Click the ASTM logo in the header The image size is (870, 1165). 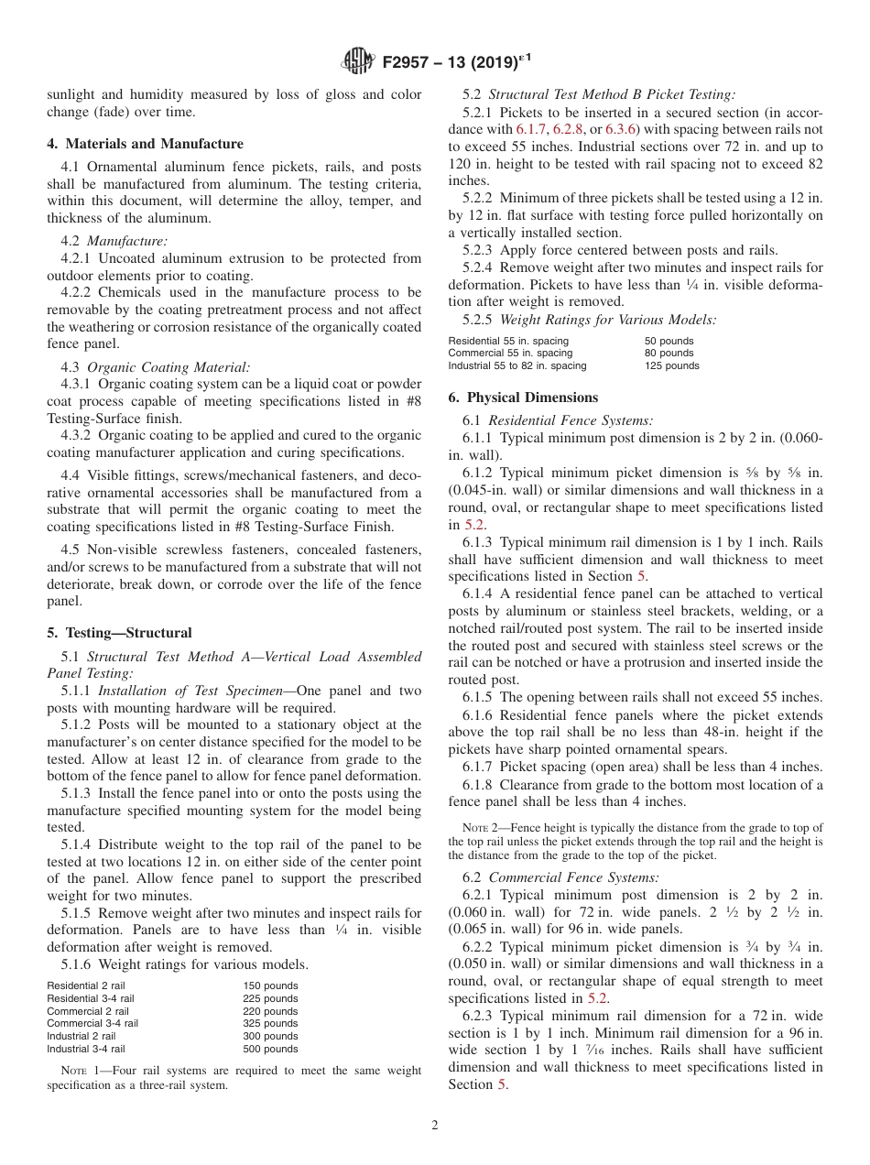357,62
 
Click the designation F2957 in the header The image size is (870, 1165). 412,63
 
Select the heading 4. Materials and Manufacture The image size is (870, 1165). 146,144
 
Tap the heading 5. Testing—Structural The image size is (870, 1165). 120,633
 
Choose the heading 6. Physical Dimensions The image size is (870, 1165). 523,397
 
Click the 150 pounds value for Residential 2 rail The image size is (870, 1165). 270,985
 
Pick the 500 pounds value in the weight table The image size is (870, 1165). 270,1049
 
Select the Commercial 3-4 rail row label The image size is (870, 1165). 92,1023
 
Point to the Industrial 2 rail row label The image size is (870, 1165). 82,1036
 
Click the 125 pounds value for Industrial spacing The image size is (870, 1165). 671,365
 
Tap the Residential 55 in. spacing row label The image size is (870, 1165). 508,341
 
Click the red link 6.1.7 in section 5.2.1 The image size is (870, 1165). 531,130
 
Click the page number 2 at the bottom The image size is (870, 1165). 435,1126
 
